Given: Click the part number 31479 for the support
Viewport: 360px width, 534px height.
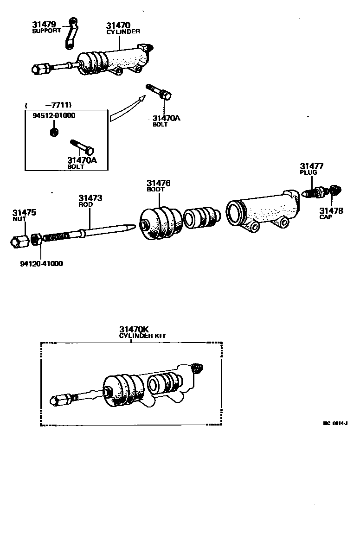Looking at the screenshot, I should point(44,24).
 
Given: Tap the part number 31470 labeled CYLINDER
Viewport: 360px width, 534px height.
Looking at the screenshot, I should point(118,25).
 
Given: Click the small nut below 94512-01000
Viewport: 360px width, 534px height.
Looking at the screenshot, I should point(53,132).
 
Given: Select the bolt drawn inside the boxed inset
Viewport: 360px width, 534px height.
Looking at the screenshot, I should point(83,146).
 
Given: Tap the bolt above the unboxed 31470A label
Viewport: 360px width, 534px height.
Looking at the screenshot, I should point(158,91).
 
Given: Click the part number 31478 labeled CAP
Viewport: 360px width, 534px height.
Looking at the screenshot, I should point(331,211).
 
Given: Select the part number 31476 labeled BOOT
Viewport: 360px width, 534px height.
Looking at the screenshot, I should point(159,183).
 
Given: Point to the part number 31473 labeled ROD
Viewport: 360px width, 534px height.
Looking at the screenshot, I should point(90,198).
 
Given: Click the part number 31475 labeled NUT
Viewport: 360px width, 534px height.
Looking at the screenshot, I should point(24,213).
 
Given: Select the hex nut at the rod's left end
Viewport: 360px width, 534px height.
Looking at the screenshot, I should point(19,241).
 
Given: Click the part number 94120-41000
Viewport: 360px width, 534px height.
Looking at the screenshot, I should point(41,264).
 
